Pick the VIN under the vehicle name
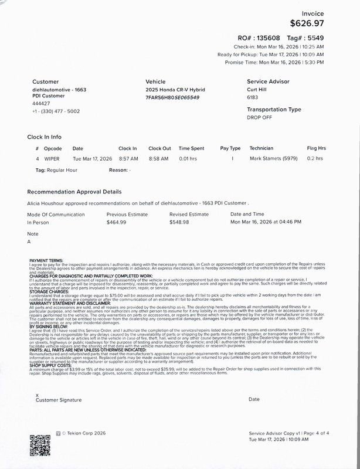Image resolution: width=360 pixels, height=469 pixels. (x=172, y=97)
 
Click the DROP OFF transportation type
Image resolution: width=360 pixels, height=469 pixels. (x=259, y=117)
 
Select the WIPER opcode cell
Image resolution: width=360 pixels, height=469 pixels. (x=52, y=158)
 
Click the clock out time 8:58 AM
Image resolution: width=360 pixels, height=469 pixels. (x=159, y=158)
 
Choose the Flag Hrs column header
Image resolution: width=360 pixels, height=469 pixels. (x=316, y=148)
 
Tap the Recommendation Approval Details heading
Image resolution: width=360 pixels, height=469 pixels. (x=74, y=192)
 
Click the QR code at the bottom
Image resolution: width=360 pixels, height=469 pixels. (x=40, y=445)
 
